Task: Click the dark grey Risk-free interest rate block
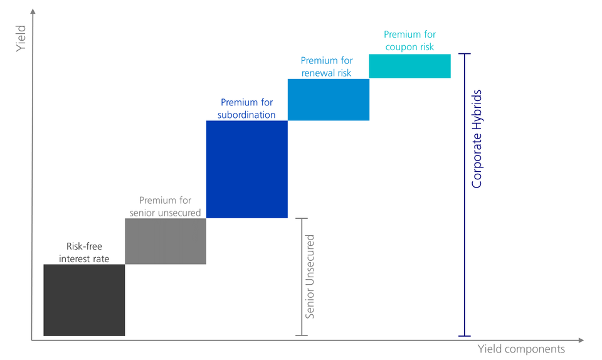[x=84, y=300]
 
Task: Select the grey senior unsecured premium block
[x=166, y=241]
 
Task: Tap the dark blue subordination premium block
[x=246, y=169]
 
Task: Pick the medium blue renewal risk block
[x=328, y=99]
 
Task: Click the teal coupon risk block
[x=409, y=66]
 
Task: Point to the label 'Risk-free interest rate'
[x=84, y=253]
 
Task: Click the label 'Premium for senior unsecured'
[x=165, y=206]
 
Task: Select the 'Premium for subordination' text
[x=246, y=109]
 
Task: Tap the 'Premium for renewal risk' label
[x=327, y=66]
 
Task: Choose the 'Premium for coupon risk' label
[x=409, y=40]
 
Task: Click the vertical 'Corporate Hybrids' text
[x=477, y=139]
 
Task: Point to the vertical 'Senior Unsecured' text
[x=310, y=277]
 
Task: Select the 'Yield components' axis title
[x=521, y=349]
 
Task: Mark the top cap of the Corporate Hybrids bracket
[x=464, y=55]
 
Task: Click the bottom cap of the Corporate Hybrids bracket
[x=464, y=336]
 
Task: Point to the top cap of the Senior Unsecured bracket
[x=302, y=218]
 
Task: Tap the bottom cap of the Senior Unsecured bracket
[x=302, y=336]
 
